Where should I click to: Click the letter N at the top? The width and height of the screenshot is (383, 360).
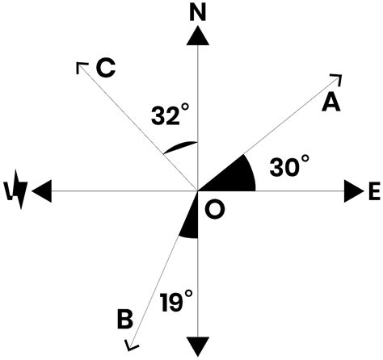click(x=197, y=12)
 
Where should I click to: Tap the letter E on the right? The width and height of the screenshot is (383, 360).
click(x=373, y=191)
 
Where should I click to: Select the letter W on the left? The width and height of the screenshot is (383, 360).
click(x=17, y=191)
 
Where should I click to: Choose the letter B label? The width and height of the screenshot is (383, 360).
click(x=124, y=319)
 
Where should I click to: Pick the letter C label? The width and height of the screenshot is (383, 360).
click(x=105, y=69)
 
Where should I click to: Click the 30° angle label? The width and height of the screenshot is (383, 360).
click(x=289, y=168)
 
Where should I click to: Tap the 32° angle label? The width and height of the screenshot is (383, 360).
click(x=170, y=115)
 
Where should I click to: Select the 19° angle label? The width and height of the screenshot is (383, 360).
click(x=175, y=303)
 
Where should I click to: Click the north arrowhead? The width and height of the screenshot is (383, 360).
click(x=197, y=36)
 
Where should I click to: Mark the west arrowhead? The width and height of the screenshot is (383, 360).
click(x=41, y=191)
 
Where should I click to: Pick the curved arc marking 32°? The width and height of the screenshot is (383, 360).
click(x=179, y=147)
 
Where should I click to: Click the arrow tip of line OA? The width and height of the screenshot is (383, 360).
click(x=339, y=77)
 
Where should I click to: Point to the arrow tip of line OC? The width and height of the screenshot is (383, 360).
click(x=81, y=65)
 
